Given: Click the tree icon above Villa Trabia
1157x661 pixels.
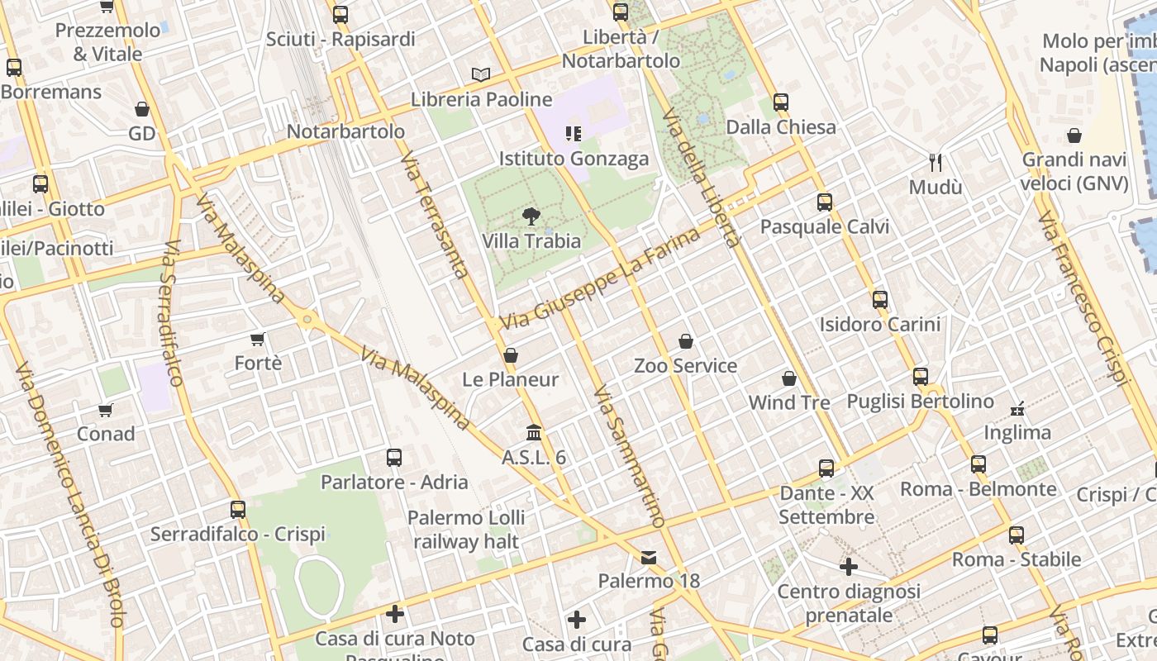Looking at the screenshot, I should [531, 216].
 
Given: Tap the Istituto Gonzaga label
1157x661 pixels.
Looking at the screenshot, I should [574, 159].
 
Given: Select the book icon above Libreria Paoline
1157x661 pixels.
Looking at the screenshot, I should [481, 74].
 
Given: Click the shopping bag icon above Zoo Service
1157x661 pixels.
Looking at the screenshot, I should [685, 340].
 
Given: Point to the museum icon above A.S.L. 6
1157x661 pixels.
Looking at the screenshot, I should [534, 432].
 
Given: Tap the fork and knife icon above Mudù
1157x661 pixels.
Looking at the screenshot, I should [936, 162].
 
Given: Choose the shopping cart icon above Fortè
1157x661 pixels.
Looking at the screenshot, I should [258, 339].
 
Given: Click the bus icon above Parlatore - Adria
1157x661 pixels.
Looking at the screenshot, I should [394, 457].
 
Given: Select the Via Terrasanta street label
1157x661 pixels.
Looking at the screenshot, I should [436, 215].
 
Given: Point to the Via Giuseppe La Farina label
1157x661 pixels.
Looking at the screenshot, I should [601, 278].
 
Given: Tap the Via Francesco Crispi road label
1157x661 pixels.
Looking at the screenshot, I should [1083, 297].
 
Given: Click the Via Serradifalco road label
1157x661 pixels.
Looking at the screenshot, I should [173, 314].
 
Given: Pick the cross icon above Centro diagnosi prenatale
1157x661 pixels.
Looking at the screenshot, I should [849, 567].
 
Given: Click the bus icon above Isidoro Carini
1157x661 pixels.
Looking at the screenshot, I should [880, 299].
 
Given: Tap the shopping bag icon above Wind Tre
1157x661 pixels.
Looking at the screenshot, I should [789, 378].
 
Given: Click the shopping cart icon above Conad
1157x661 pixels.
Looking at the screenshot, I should [106, 410].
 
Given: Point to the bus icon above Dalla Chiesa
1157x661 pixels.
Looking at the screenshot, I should [781, 102].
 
